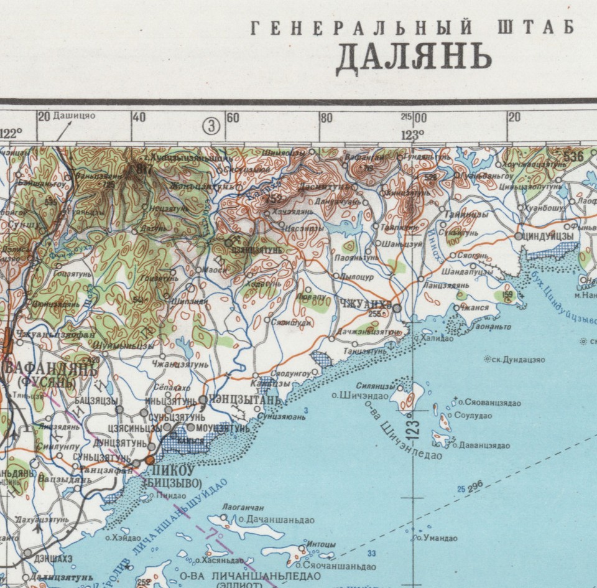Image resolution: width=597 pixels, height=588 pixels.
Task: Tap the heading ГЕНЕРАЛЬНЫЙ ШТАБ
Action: click(x=411, y=28)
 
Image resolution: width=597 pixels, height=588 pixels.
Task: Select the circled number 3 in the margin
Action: click(x=212, y=126)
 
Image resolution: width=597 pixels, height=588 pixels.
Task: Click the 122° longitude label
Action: click(x=11, y=132)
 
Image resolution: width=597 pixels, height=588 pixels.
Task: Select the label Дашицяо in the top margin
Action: click(x=74, y=116)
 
